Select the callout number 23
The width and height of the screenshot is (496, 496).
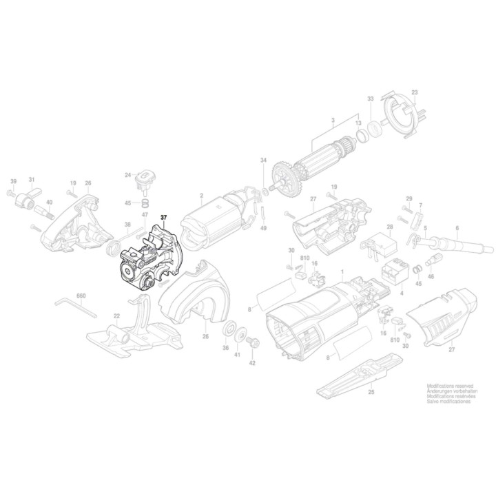(415, 92)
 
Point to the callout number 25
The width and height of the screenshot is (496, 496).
(371, 392)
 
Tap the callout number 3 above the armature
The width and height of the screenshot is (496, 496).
(332, 121)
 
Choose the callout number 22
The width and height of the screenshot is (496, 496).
(117, 316)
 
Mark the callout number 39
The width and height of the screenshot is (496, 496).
(12, 181)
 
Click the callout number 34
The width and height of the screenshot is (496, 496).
(262, 161)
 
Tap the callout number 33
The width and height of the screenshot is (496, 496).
(370, 99)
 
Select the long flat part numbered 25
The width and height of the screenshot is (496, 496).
(359, 373)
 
